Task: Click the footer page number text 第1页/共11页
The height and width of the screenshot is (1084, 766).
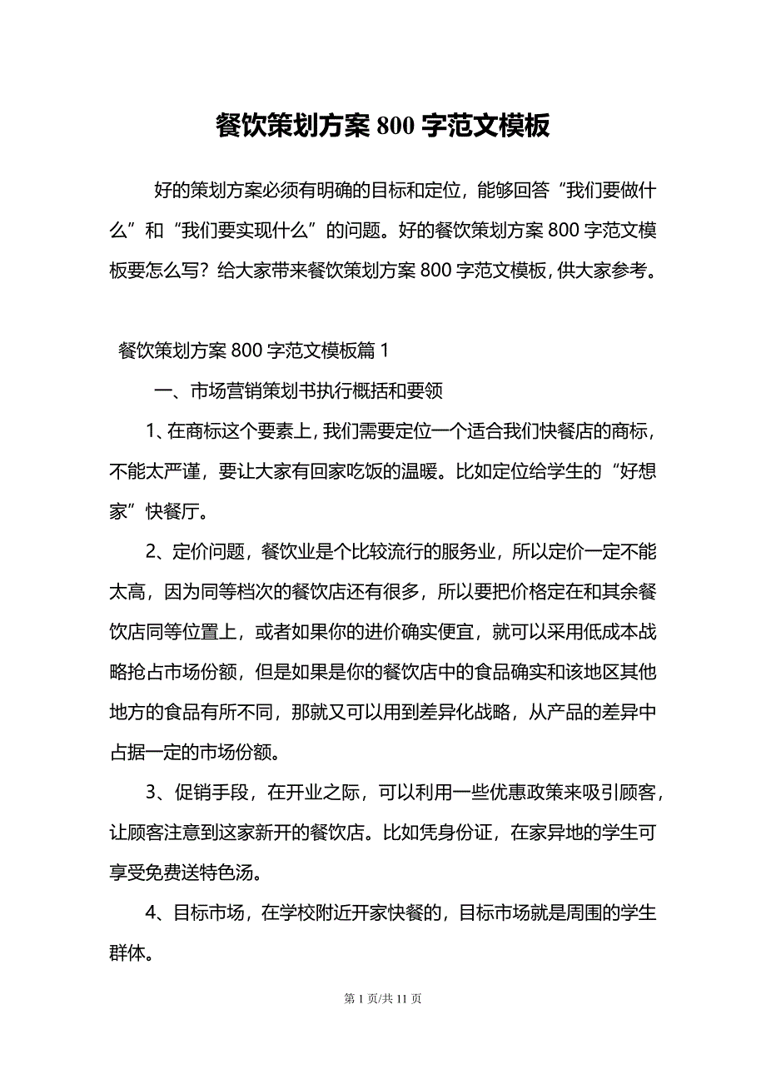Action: click(x=383, y=998)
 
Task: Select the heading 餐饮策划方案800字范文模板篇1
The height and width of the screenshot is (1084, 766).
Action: click(x=254, y=351)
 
